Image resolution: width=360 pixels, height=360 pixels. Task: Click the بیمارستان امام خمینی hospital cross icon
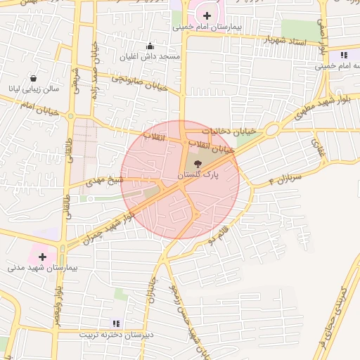click(207, 15)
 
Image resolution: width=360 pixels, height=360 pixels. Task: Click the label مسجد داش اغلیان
click(149, 56)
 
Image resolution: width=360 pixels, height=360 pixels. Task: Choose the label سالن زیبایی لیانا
click(32, 89)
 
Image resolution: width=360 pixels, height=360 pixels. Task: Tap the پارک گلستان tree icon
click(198, 163)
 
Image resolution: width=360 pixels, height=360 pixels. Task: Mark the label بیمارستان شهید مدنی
click(42, 268)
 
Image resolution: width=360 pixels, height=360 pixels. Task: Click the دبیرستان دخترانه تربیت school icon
click(116, 323)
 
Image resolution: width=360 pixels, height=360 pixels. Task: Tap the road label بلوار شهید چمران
click(109, 224)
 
